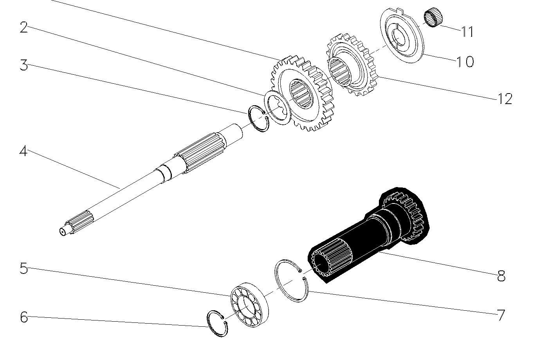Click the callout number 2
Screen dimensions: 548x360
tap(24, 27)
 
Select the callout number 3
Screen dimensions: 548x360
tap(24, 65)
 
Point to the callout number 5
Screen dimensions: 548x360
tap(24, 268)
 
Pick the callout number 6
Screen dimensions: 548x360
tap(24, 317)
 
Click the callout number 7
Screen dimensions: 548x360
tap(501, 315)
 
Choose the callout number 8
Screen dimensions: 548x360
tap(501, 276)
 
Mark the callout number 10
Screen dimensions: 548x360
tap(465, 61)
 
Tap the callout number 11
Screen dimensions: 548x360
tap(467, 32)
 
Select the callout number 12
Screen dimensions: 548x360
tap(505, 99)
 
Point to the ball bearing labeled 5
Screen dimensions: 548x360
tap(250, 304)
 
